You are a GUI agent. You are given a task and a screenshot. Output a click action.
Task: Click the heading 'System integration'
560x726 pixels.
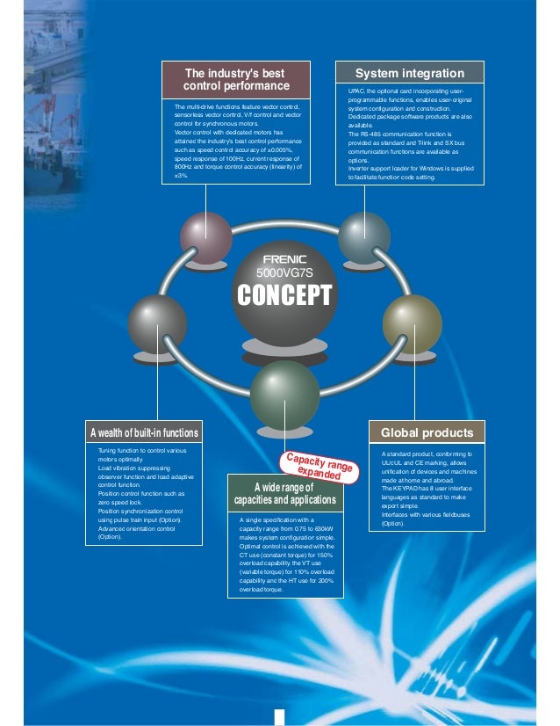click(x=410, y=72)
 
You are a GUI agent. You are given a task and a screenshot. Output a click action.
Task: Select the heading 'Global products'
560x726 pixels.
click(x=427, y=432)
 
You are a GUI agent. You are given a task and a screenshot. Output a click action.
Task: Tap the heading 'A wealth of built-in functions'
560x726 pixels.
click(x=144, y=432)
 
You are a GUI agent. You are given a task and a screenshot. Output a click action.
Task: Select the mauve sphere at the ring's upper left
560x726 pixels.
click(x=206, y=237)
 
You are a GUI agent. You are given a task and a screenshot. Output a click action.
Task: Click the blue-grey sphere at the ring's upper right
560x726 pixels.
click(x=363, y=237)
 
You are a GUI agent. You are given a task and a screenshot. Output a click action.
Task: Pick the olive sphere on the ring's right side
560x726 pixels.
click(x=412, y=324)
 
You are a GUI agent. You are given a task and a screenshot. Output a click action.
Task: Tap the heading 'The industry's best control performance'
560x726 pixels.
click(x=235, y=79)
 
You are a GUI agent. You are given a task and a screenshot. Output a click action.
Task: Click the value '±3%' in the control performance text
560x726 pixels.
click(x=181, y=175)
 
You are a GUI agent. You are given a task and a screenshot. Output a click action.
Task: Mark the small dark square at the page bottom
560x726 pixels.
click(x=279, y=715)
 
